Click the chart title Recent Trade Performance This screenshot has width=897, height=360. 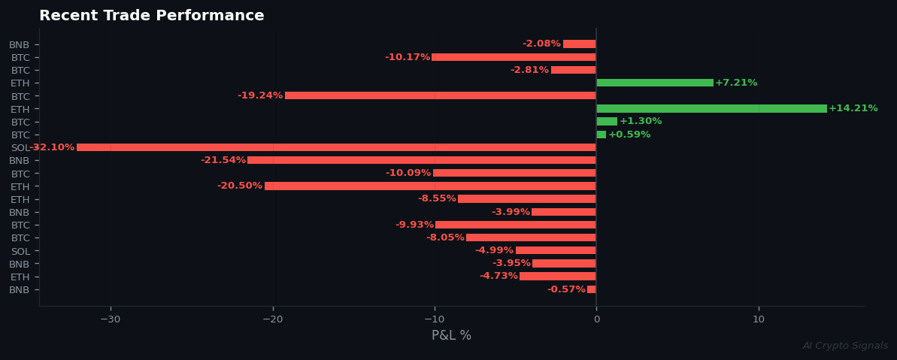pos(151,16)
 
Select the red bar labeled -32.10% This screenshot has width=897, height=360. pos(336,147)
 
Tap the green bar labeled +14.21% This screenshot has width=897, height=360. pos(711,108)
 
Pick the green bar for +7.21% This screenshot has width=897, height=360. pos(654,83)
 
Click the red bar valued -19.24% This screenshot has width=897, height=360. pos(440,95)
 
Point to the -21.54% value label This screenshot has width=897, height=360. pos(223,160)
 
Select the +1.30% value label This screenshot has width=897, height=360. pos(641,121)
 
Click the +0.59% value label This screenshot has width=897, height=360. pos(629,135)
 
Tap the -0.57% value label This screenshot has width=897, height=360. pos(566,289)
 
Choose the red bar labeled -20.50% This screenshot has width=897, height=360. pos(430,186)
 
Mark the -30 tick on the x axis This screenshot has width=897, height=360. pos(111,319)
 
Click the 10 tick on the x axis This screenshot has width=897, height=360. pos(759,319)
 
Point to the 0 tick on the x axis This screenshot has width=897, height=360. pos(596,319)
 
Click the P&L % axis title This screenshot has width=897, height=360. pos(451,336)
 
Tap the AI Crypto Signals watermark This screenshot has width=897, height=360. pos(845,346)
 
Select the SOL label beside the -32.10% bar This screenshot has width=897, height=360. pos(20,147)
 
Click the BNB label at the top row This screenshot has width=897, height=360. pos(20,44)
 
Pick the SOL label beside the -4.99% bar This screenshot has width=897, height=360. pos(20,251)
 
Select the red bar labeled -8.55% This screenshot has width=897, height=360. pos(526,198)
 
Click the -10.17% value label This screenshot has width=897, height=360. pos(408,57)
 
